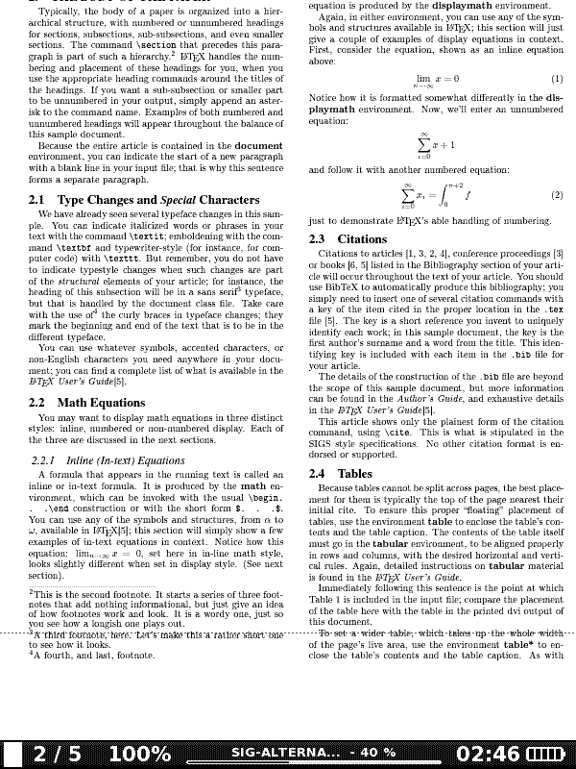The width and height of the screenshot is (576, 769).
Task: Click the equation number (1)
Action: click(557, 79)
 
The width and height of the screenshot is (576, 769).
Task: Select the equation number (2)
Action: click(557, 195)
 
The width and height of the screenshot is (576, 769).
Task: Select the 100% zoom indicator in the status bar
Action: click(139, 754)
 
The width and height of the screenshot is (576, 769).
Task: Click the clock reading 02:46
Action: click(489, 754)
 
